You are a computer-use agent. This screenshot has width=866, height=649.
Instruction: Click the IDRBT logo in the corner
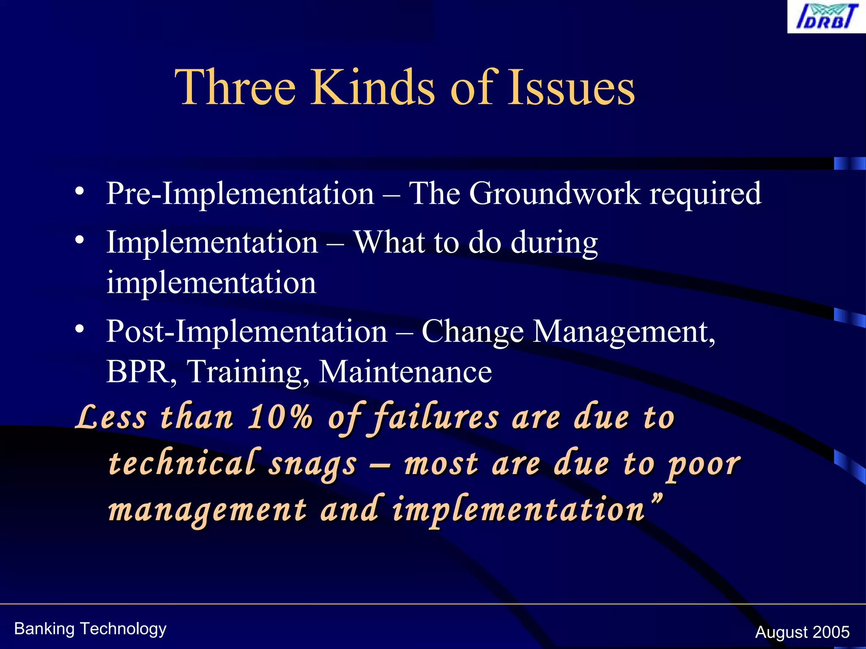(826, 17)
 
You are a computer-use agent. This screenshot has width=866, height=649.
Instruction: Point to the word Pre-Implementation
(240, 194)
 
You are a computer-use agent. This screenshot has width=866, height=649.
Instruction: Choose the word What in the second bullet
(389, 242)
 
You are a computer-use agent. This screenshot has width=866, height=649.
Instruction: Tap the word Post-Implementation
(247, 331)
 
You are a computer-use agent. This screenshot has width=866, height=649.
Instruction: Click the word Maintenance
(406, 372)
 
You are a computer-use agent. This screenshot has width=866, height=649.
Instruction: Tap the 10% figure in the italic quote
(280, 417)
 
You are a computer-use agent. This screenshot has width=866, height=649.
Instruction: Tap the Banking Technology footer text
(90, 629)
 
